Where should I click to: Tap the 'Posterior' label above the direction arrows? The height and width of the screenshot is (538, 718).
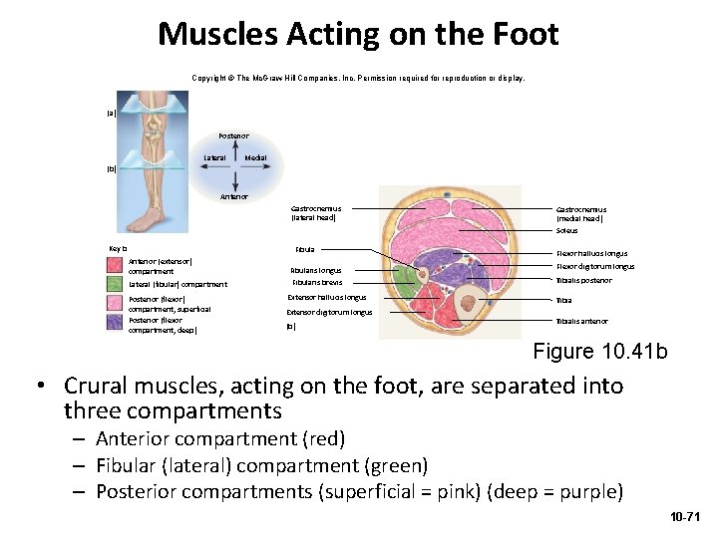(x=235, y=134)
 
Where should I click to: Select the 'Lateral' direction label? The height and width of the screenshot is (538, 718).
(x=214, y=157)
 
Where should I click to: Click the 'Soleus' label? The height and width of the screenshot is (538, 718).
(x=566, y=231)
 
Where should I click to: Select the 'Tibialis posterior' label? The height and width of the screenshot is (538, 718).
(x=583, y=280)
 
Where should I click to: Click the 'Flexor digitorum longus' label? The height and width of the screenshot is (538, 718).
(x=595, y=266)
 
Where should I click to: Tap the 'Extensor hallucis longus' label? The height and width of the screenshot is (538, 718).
(x=327, y=297)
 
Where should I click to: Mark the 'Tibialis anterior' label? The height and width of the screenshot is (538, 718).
(x=581, y=321)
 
